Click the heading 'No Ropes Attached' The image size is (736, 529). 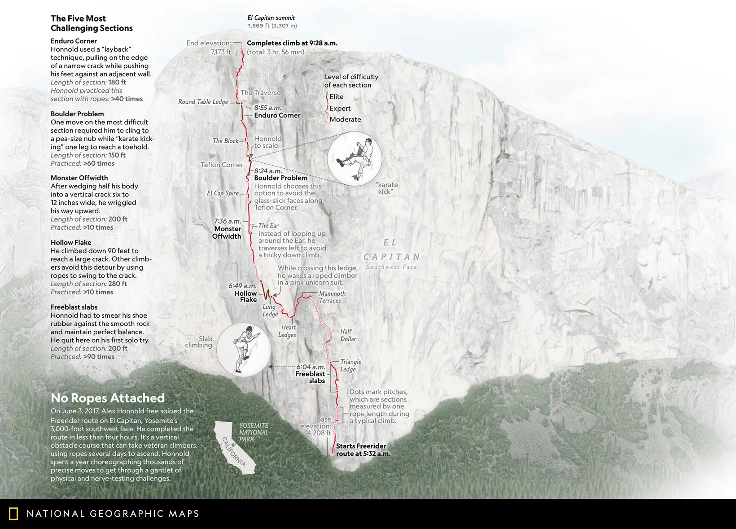coord(108,398)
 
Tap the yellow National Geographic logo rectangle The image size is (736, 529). coord(13,514)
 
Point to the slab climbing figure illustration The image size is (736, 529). coord(244,350)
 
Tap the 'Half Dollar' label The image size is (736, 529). coord(348,335)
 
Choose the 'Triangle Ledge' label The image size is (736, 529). coord(350,365)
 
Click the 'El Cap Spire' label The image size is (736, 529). coord(223,193)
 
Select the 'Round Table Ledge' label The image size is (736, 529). coord(203,102)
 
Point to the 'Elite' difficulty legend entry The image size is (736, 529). coord(337,97)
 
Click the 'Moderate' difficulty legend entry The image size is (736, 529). coord(345,119)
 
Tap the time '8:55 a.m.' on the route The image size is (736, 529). coord(267,108)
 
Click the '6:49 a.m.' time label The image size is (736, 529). coord(242,286)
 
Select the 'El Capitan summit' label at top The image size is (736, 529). coord(271,18)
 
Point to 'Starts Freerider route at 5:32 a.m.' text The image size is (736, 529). coord(363,450)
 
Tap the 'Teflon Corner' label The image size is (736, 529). coord(222,165)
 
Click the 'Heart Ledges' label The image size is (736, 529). coord(287,331)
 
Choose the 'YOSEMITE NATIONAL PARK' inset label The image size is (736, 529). coord(254,432)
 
